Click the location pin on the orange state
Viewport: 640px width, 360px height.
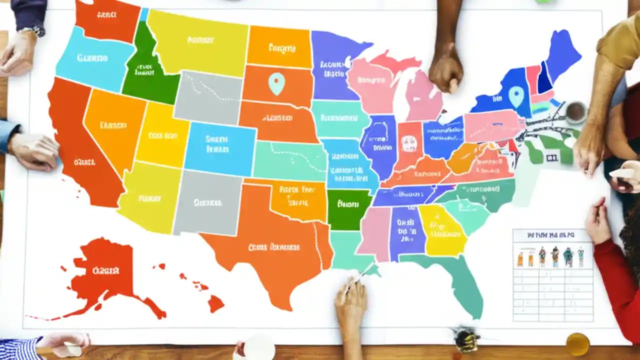point(276,83)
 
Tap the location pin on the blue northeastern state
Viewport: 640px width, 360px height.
point(515,96)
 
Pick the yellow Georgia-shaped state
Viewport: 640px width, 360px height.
point(441,230)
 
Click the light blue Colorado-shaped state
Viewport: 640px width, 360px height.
point(219,145)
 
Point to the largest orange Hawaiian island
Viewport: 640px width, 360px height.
point(216,303)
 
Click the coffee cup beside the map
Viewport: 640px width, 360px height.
point(576,112)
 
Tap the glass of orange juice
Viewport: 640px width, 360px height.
point(577,344)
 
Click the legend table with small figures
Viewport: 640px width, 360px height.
point(553,275)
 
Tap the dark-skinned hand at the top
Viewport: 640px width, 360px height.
point(446,70)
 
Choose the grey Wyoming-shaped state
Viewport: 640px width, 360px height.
point(207,97)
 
